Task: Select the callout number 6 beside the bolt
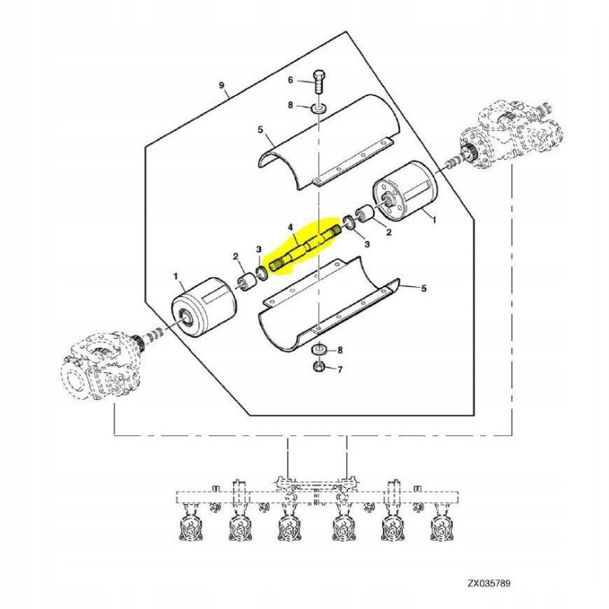[x=289, y=80]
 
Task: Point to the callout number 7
[x=340, y=370]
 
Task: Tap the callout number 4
[x=289, y=227]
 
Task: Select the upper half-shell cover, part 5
[x=324, y=140]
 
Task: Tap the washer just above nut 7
[x=319, y=349]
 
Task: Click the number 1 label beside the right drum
[x=435, y=220]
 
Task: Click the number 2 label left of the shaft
[x=236, y=256]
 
